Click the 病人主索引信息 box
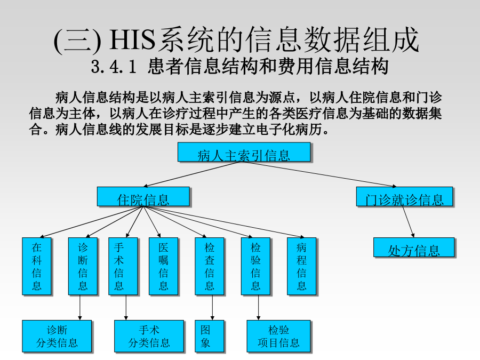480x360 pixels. [x=244, y=152]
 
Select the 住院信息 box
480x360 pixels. [x=143, y=196]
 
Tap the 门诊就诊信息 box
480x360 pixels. [x=404, y=196]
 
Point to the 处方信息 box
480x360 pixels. [x=414, y=247]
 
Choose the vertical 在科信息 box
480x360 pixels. [x=37, y=266]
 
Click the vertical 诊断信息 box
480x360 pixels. [x=83, y=266]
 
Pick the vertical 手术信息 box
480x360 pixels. [x=123, y=266]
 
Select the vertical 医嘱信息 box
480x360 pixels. [x=164, y=266]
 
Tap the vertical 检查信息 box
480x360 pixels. [x=210, y=266]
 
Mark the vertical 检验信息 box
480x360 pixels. [x=255, y=266]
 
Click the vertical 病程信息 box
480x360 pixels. [x=301, y=266]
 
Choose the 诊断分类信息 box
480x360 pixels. [x=57, y=336]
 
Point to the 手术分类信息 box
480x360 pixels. [x=149, y=336]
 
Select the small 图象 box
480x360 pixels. [x=210, y=336]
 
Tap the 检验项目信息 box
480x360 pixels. [x=278, y=336]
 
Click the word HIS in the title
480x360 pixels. [x=132, y=40]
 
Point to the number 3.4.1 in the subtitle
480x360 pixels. [x=114, y=67]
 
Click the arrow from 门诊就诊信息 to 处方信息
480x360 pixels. [x=408, y=222]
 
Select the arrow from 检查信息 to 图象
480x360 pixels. [x=212, y=308]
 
